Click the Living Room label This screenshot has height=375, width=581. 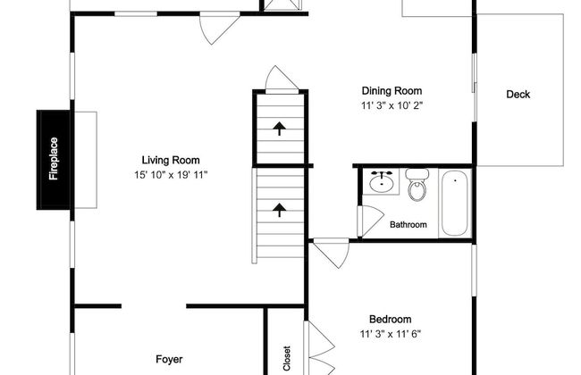click(171, 161)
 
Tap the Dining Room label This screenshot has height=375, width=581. click(392, 91)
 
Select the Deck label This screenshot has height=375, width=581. click(518, 95)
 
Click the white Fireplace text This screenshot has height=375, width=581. click(54, 159)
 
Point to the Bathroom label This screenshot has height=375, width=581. click(408, 225)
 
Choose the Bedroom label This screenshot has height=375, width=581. click(391, 319)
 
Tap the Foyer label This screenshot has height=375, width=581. click(169, 360)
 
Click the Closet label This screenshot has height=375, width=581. click(286, 358)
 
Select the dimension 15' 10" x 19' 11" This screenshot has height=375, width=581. click(171, 175)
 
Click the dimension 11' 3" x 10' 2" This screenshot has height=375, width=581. click(392, 105)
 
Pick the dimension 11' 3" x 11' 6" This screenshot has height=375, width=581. click(391, 334)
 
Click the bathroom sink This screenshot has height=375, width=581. click(382, 182)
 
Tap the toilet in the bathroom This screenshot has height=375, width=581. click(417, 185)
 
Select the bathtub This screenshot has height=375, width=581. click(455, 204)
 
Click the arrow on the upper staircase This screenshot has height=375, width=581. click(280, 129)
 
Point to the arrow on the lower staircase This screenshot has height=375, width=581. click(280, 210)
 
